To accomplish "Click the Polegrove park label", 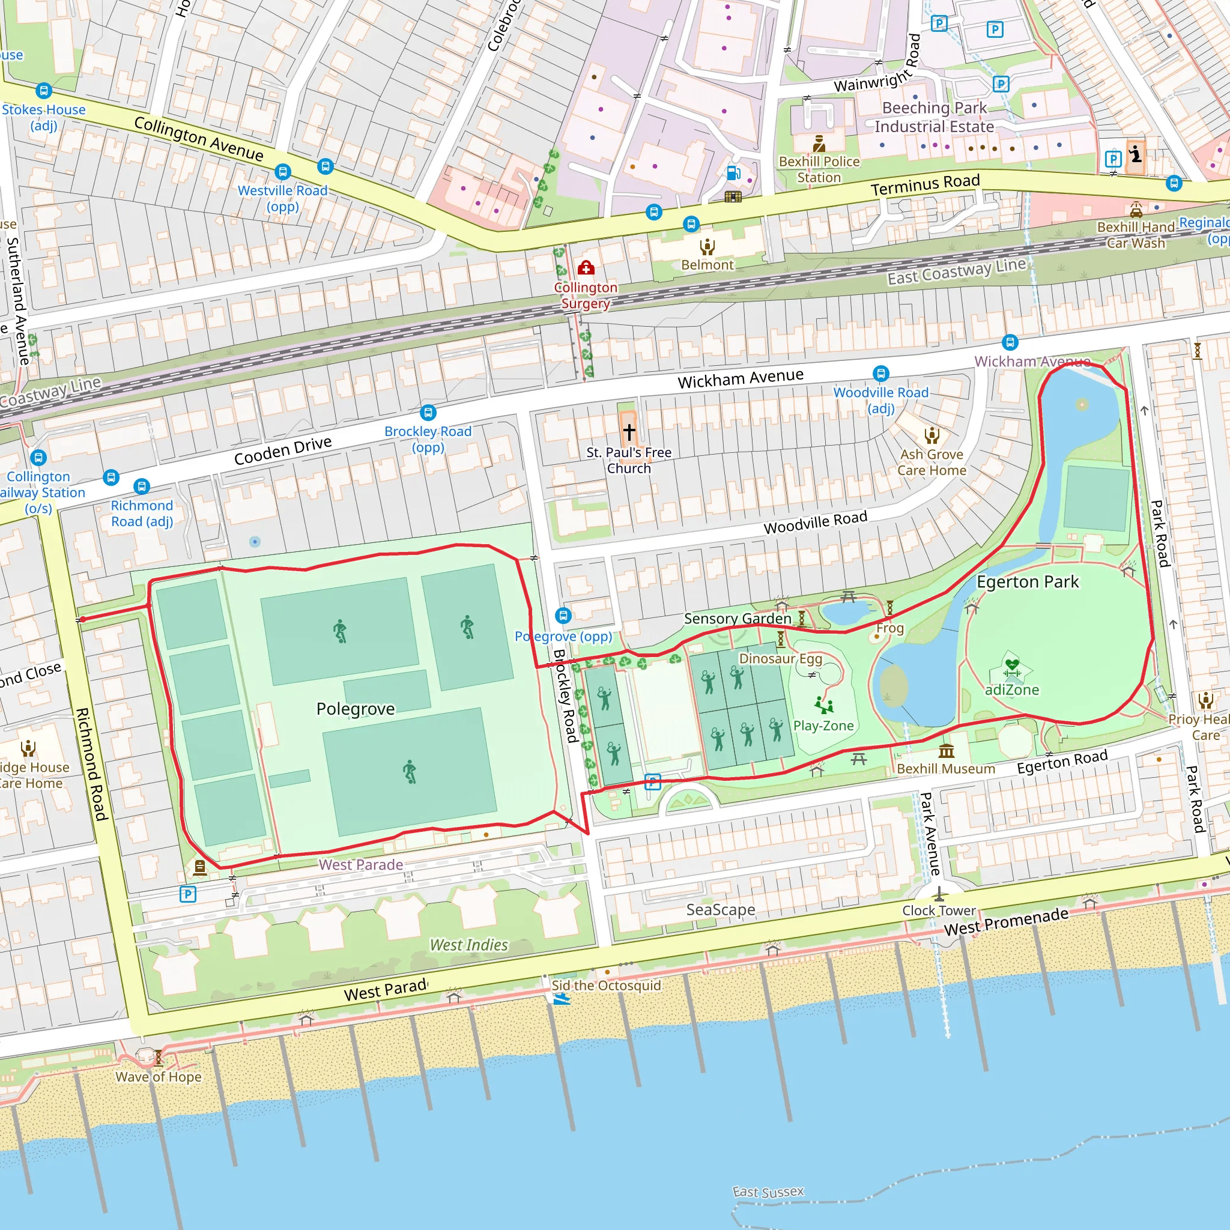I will (x=356, y=709).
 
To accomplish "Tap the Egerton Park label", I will (x=1027, y=581).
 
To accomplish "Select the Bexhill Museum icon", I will (x=946, y=751).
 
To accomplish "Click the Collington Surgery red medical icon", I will (x=586, y=268).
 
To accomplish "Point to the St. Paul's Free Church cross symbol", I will (x=629, y=432).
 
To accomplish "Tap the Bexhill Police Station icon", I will (x=819, y=144).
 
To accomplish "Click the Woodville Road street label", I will (x=815, y=522).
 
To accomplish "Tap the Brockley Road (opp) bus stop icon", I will (x=428, y=412).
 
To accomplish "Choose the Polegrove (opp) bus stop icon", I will (x=563, y=615).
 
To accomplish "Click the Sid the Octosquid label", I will (x=605, y=985).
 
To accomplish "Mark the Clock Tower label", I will (x=939, y=910).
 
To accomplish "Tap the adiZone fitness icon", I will (x=1011, y=666).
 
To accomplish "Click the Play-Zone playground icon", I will (x=824, y=704).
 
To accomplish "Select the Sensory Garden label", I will (x=738, y=618).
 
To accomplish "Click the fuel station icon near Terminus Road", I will (x=733, y=172).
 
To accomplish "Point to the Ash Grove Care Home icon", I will (x=932, y=435).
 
